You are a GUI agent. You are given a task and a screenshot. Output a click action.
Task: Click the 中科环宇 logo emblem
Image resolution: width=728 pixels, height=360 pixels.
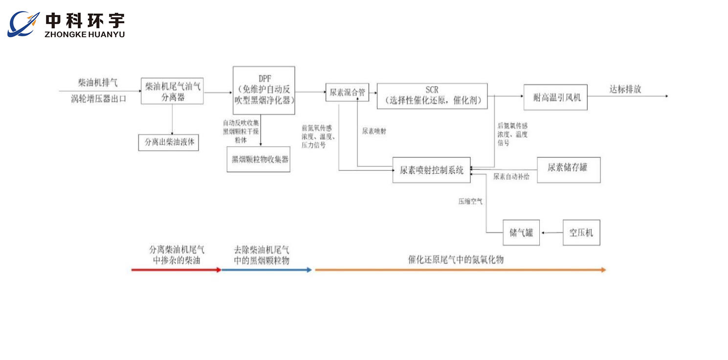23,24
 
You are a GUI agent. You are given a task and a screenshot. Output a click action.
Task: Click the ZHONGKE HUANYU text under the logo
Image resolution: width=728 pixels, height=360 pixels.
85,34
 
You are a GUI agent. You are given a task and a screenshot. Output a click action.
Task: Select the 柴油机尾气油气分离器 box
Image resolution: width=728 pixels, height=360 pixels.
172,91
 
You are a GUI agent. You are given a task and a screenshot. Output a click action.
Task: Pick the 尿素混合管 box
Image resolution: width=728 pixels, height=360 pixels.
347,92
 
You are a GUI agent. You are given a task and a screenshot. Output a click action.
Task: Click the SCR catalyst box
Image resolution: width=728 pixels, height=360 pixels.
432,96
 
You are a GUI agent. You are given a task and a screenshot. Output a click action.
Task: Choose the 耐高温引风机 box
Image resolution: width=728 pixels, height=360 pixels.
555,97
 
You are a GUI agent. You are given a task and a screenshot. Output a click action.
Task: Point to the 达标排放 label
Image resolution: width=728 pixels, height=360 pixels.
625,90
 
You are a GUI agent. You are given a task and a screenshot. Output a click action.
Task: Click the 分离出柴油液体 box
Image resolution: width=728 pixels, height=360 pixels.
169,142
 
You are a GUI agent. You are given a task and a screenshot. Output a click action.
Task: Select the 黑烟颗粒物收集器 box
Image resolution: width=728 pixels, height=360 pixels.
258,159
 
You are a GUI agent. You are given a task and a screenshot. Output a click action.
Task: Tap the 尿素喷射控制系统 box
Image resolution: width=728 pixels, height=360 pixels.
431,170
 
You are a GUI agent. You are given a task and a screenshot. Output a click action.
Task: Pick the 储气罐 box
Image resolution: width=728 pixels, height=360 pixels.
521,233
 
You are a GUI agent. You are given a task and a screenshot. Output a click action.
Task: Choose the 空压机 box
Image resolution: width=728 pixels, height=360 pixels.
581,233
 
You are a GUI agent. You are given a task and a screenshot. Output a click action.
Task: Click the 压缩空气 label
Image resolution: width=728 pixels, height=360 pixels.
470,201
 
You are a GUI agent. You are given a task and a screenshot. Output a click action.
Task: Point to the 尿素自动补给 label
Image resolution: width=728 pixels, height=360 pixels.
511,177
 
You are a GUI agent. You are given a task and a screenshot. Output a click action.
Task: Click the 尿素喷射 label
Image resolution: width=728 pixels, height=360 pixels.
374,131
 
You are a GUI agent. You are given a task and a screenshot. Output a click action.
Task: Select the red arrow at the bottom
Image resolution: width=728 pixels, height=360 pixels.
176,270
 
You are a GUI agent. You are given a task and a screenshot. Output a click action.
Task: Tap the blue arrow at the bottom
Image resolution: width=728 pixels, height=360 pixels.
266,270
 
